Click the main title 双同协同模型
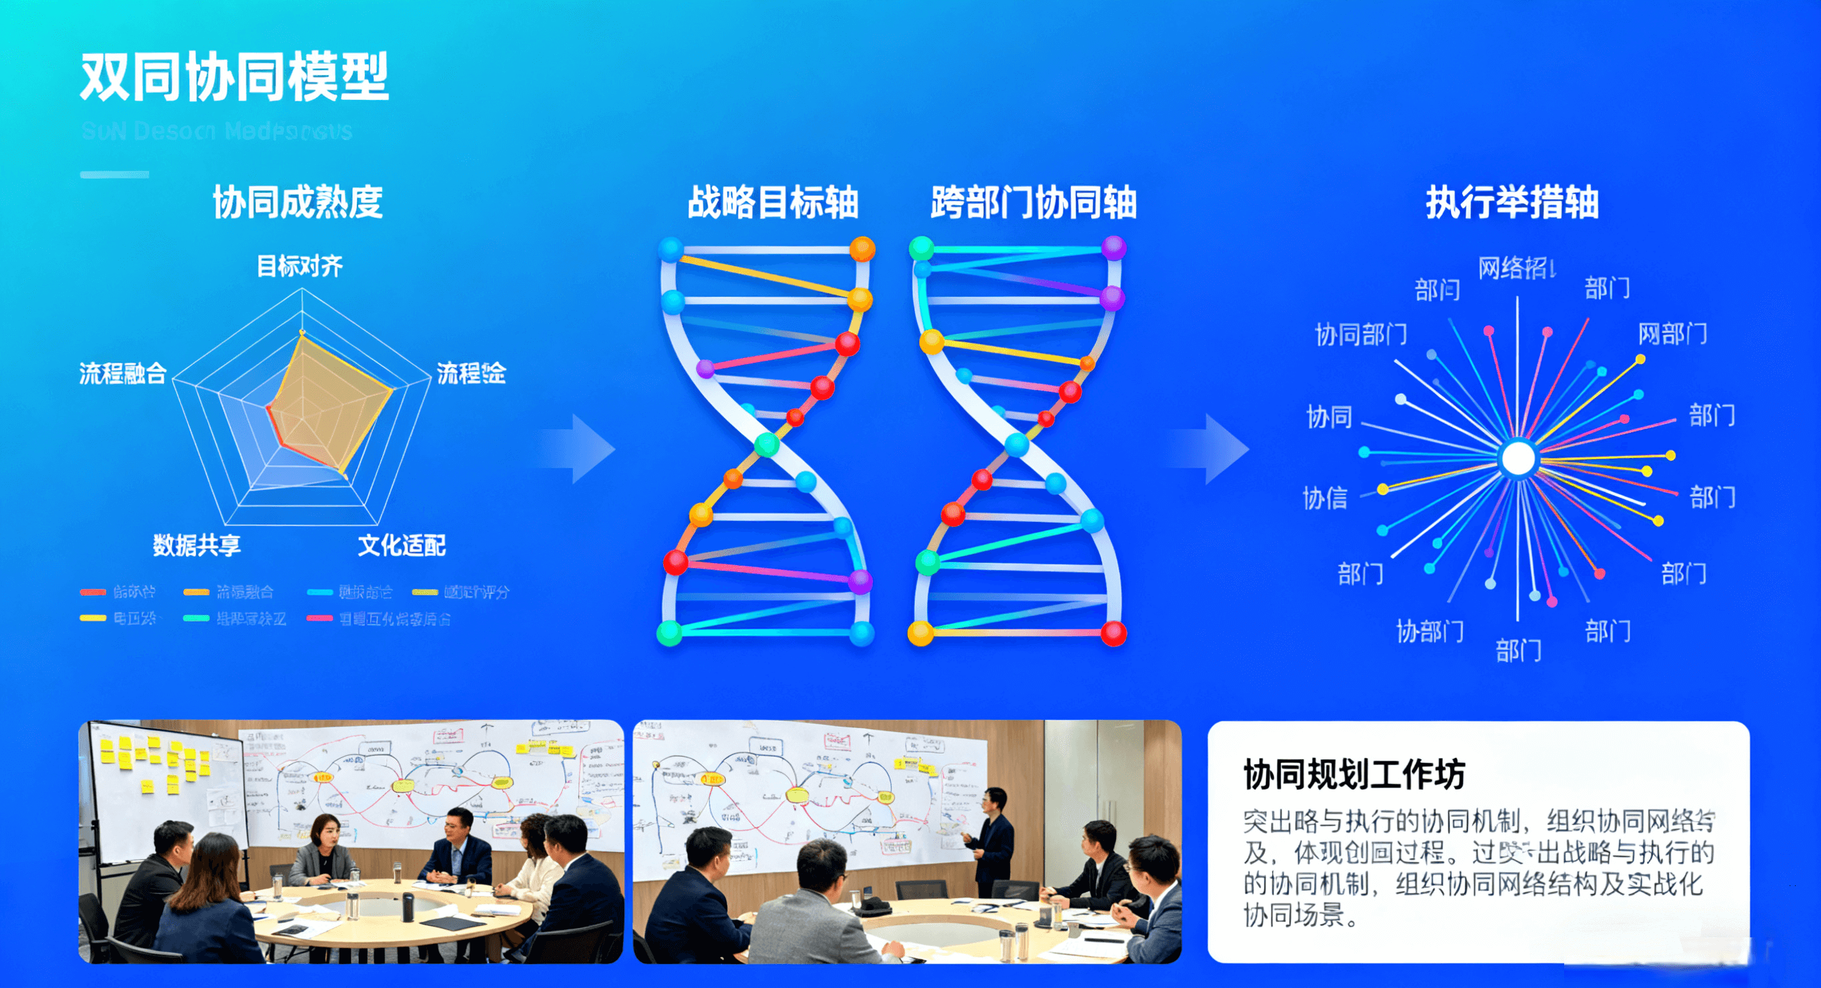point(234,76)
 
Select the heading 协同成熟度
point(297,202)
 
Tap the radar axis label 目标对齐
point(299,266)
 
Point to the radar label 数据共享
point(197,544)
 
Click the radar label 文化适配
point(402,544)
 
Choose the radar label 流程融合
point(122,373)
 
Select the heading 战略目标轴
point(772,202)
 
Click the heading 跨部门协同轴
point(1033,202)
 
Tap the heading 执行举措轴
point(1512,202)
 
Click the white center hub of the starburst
point(1517,458)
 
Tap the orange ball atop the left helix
point(862,249)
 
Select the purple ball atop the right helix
point(1113,248)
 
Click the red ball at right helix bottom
point(1113,633)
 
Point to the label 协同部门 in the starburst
point(1361,333)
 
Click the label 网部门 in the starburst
point(1672,333)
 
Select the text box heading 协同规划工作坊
point(1353,774)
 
